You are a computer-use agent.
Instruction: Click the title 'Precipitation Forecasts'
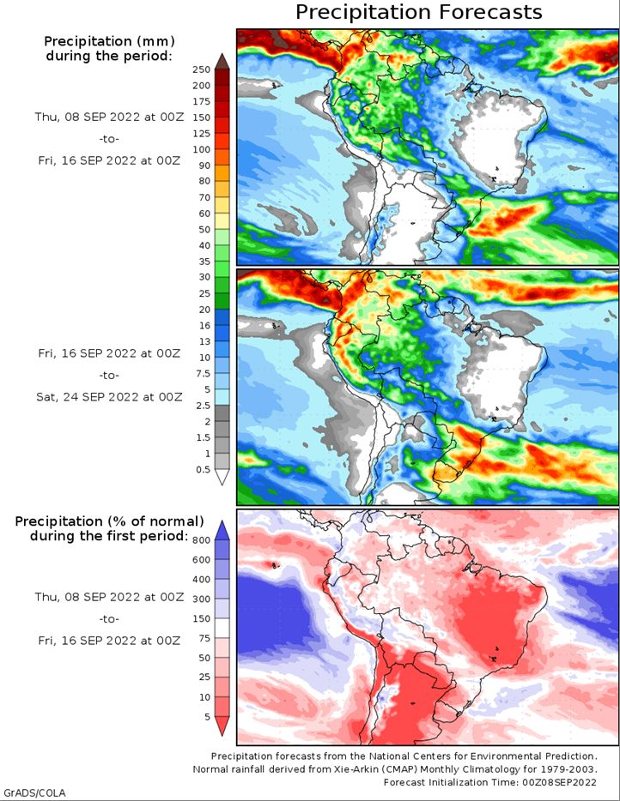click(418, 12)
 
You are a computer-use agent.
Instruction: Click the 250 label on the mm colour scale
click(201, 69)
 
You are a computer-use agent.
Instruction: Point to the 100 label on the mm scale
click(201, 149)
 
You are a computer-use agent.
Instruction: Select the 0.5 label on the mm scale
click(203, 469)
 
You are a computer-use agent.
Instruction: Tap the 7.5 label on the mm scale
click(203, 373)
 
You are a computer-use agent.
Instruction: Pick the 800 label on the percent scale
click(201, 540)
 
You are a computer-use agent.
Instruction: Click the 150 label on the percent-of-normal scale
click(201, 618)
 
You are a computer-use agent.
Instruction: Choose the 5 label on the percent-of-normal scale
click(207, 717)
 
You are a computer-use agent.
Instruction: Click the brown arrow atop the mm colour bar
click(222, 61)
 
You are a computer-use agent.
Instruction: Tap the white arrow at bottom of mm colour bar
click(222, 477)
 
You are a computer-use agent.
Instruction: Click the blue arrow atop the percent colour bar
click(222, 530)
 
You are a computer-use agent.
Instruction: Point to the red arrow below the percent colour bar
click(222, 726)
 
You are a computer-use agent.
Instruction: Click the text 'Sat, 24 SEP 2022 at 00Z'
click(109, 397)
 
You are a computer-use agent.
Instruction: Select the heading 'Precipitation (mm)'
click(109, 41)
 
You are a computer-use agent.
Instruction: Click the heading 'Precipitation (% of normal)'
click(109, 521)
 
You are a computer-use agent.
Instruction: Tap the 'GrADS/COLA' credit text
click(35, 792)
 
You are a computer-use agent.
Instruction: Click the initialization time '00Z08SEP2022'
click(559, 782)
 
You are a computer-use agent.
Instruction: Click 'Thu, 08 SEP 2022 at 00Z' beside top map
click(109, 117)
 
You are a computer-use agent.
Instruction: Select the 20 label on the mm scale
click(204, 309)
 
